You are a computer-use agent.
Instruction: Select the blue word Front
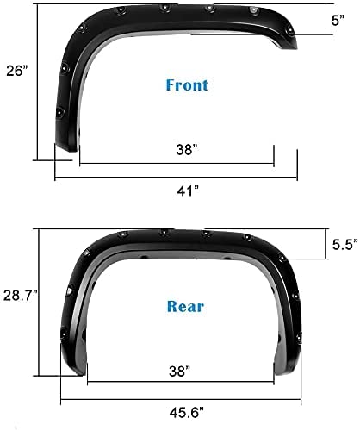(188, 85)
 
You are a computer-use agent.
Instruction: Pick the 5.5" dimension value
(342, 244)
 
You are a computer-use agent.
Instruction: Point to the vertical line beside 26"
(35, 82)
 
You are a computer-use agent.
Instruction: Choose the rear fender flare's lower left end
(73, 371)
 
